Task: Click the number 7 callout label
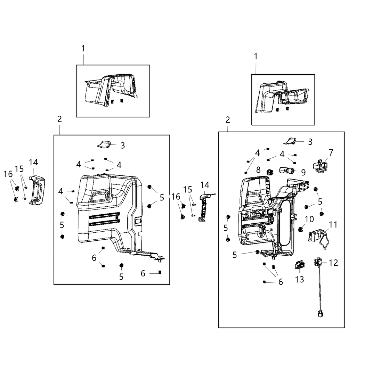point(331,152)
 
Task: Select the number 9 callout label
point(303,172)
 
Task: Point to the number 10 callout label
point(309,219)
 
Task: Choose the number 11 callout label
point(333,225)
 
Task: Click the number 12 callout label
point(333,263)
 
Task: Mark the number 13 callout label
point(299,279)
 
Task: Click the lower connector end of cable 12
point(319,314)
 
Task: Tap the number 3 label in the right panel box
point(310,142)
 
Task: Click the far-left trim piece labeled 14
point(36,191)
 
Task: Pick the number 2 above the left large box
point(59,119)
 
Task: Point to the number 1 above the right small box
point(256,56)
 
